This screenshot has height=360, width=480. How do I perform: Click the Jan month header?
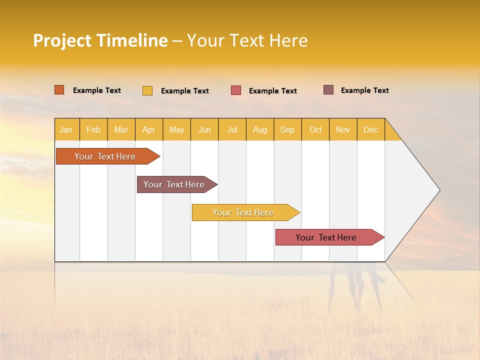[x=66, y=129]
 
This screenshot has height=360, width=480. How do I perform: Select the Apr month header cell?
[x=149, y=129]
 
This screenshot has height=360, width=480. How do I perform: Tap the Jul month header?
[x=232, y=129]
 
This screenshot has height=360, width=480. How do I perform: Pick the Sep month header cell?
[x=287, y=129]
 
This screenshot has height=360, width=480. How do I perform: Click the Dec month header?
[x=370, y=129]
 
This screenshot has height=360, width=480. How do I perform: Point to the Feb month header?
[x=93, y=129]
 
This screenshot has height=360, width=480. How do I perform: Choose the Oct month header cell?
[x=315, y=129]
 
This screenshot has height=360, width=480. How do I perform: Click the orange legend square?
[x=59, y=90]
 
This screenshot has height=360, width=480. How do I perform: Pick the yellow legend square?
[x=147, y=90]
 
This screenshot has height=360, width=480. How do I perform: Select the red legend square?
[x=236, y=90]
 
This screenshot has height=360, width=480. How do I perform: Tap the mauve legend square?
[x=328, y=90]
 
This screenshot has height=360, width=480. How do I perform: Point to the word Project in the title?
[x=62, y=41]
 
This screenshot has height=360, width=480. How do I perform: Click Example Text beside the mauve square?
[x=364, y=90]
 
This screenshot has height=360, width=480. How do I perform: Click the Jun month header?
[x=204, y=129]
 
